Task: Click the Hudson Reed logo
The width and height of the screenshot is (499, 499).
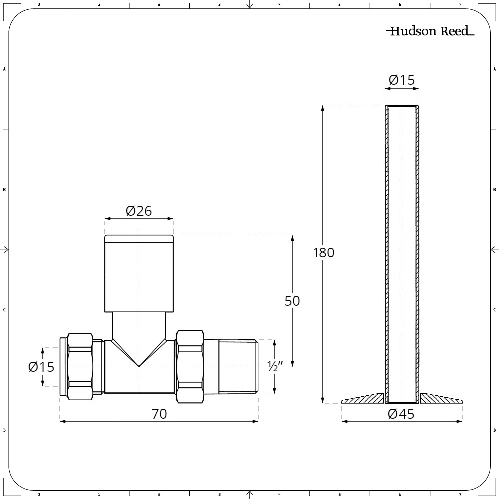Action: pos(430,31)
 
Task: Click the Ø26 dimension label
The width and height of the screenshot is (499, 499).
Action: pos(139,211)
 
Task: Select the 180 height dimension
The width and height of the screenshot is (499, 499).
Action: pos(323,252)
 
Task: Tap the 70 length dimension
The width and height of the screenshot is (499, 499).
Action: pos(159,414)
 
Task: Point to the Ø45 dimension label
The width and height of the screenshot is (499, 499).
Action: pos(401,414)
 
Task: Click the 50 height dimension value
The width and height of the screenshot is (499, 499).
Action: pos(292,301)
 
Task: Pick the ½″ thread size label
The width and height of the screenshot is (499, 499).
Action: pos(275,367)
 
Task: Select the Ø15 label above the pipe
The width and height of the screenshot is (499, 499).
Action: pos(401,80)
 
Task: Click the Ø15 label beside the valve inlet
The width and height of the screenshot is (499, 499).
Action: pos(41,367)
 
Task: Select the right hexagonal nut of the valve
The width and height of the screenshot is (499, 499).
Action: pos(190,367)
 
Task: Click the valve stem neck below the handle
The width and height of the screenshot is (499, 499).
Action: pos(139,324)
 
